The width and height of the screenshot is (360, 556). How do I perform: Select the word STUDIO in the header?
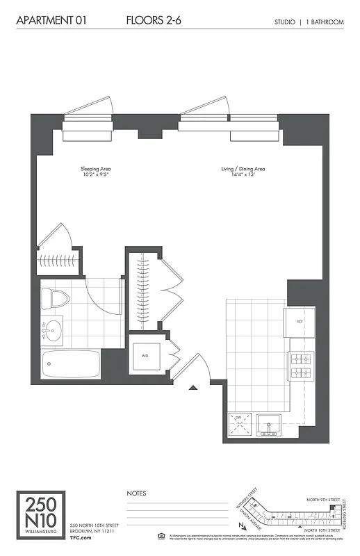coord(285,22)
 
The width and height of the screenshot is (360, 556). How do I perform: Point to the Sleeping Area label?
coord(97,169)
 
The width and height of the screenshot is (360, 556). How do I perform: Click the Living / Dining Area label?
coord(243,169)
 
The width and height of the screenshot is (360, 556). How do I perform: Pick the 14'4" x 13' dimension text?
coord(243,175)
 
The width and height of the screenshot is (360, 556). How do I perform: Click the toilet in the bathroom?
coord(56,300)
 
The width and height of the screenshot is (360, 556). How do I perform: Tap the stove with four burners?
coord(302,366)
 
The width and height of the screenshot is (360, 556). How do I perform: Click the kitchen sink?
coord(268,424)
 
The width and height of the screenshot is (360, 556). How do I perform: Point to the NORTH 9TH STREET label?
coord(323,500)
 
